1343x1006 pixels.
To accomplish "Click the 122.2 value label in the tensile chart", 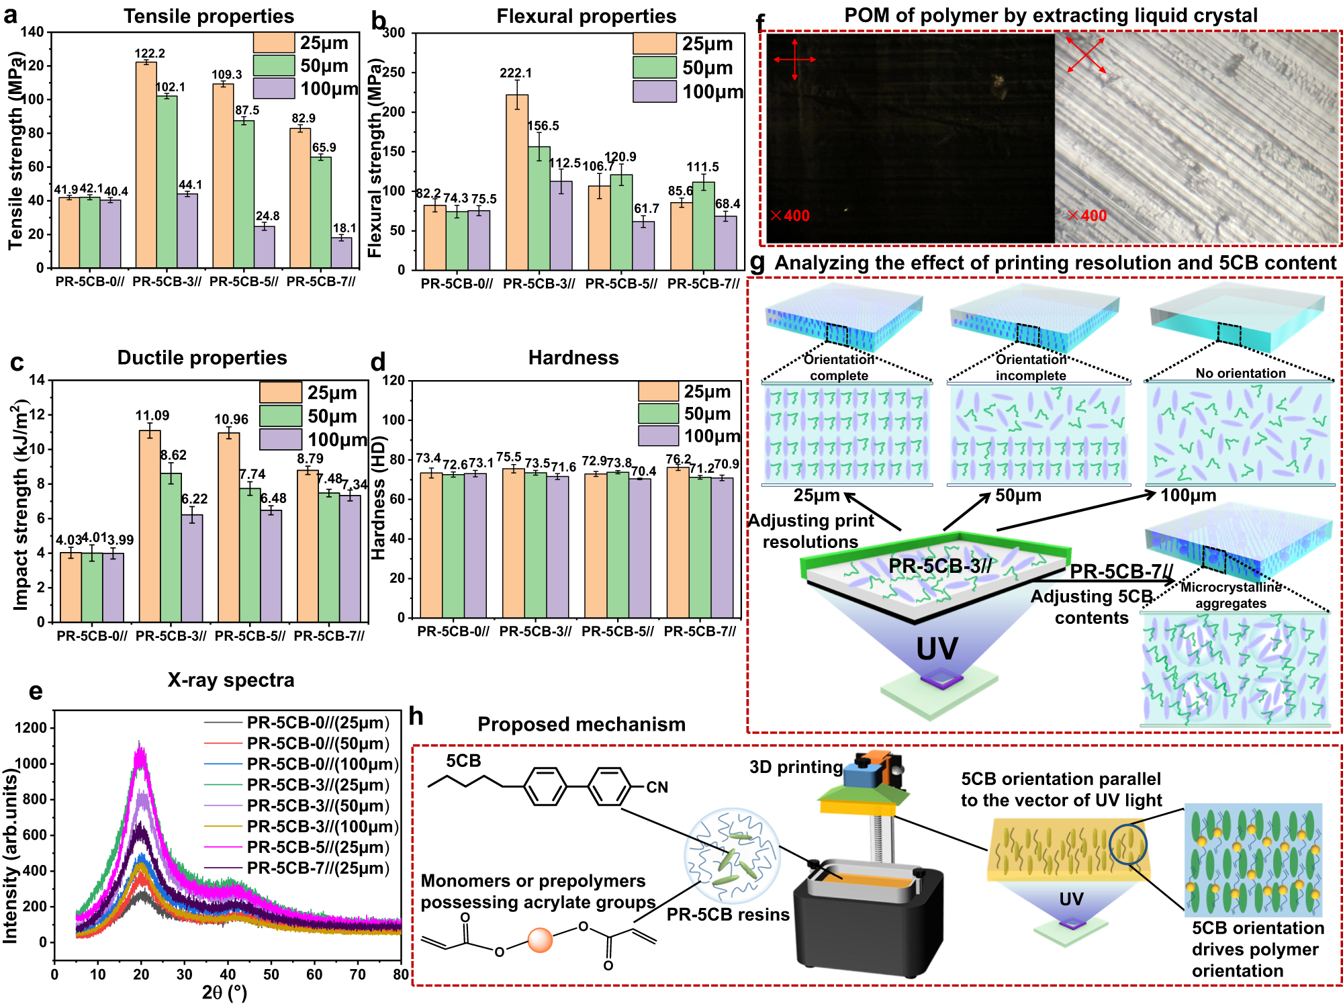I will [149, 53].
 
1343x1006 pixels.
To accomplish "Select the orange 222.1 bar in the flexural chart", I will [516, 181].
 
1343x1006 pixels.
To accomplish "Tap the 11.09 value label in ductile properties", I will [152, 416].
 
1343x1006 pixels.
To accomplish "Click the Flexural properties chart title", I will [586, 16].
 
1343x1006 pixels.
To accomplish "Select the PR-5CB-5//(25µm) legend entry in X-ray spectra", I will [317, 847].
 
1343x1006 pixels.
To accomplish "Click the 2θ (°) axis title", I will [224, 992].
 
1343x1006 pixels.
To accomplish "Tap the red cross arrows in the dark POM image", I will [794, 59].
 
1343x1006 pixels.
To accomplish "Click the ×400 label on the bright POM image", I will [1086, 216].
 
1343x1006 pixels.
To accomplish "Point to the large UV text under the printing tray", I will [937, 649].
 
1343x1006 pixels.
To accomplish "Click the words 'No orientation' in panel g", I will [1240, 373].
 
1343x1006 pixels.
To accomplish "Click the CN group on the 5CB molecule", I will [657, 787].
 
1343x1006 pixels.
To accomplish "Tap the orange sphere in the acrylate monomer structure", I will [540, 940].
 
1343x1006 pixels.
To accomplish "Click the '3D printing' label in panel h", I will [796, 767].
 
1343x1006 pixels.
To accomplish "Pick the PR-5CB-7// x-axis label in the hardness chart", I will [700, 631].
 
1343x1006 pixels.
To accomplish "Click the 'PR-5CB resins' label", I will [728, 915].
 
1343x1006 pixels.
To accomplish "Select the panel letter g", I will [757, 263].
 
